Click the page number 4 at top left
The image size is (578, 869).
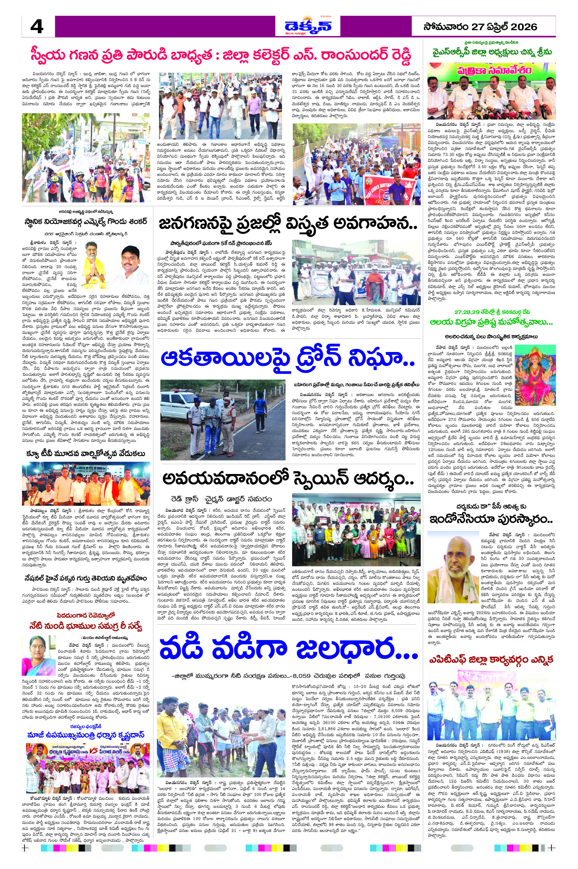pyautogui.click(x=37, y=27)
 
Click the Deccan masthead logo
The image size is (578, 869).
pyautogui.click(x=308, y=26)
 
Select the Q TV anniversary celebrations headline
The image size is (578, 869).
pyautogui.click(x=86, y=453)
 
